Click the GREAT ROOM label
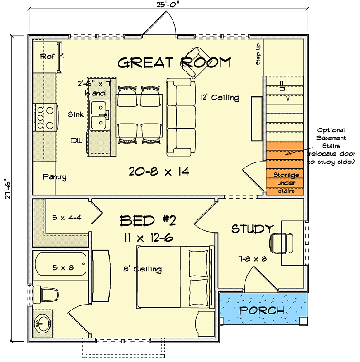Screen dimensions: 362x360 pos(174,62)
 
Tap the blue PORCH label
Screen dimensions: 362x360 pos(262,311)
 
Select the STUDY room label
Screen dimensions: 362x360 pos(253,229)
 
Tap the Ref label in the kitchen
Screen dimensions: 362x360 pos(47,56)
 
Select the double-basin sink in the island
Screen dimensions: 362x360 pos(99,115)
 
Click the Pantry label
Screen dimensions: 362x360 pos(54,177)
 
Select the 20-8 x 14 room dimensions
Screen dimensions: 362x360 pos(158,171)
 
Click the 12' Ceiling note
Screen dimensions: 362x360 pos(219,98)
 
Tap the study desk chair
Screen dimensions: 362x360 pos(278,243)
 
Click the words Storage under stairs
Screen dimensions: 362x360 pos(286,183)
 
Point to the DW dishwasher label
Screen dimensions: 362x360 pos(77,141)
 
